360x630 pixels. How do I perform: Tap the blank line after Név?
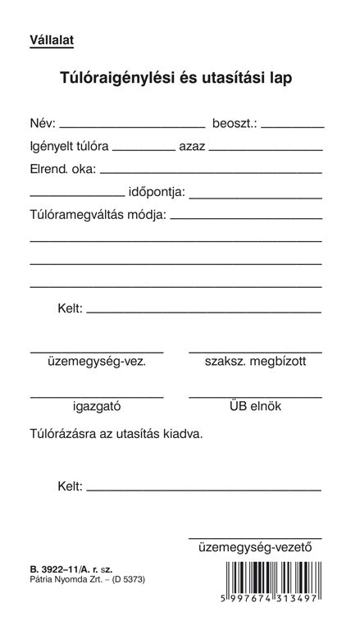pyautogui.click(x=132, y=126)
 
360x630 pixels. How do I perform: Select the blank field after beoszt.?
pyautogui.click(x=292, y=126)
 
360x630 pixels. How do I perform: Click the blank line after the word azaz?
pyautogui.click(x=265, y=150)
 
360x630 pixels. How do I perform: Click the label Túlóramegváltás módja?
pyautogui.click(x=98, y=216)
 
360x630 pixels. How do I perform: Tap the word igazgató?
pyautogui.click(x=97, y=405)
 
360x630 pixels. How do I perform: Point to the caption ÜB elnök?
pyautogui.click(x=255, y=405)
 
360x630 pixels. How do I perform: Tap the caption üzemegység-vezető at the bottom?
pyautogui.click(x=256, y=547)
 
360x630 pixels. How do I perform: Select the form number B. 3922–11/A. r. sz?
pyautogui.click(x=67, y=568)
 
